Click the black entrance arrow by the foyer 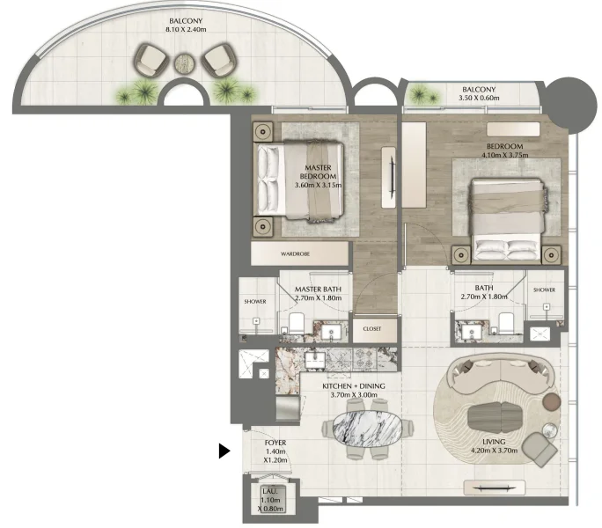[x=224, y=451]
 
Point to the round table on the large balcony [x=184, y=62]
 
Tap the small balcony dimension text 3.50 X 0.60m [x=480, y=99]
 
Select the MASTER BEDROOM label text [x=317, y=172]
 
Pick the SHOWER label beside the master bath [x=254, y=301]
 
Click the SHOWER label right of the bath [x=544, y=290]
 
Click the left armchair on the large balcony [x=151, y=61]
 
